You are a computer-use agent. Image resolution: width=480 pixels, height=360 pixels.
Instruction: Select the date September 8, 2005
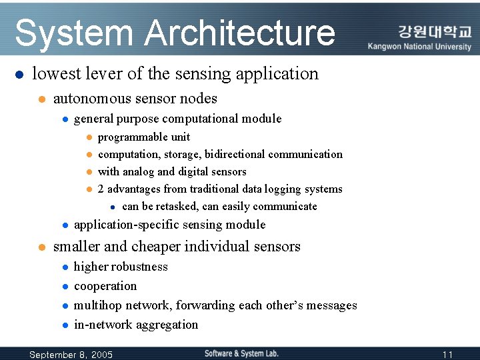[x=71, y=355]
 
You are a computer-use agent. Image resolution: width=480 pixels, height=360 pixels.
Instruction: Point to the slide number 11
[x=447, y=355]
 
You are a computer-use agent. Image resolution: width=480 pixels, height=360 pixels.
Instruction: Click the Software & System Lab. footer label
[x=241, y=353]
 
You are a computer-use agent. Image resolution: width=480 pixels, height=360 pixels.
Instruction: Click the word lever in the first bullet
[x=125, y=73]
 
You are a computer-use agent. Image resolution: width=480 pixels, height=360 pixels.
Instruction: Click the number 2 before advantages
[x=101, y=189]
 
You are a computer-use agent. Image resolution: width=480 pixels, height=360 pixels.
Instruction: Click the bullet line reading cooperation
[x=105, y=286]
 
